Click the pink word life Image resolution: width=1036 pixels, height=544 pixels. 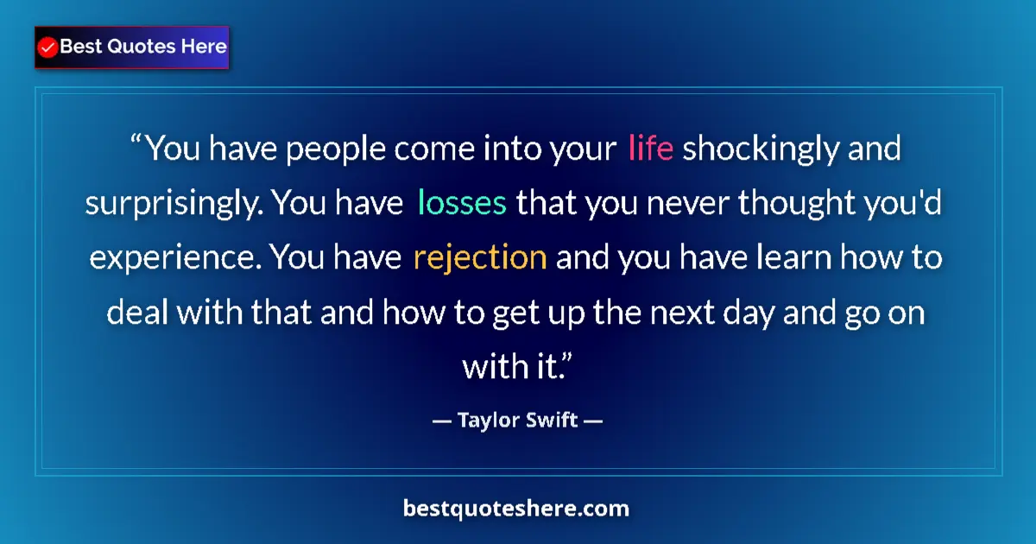click(x=651, y=149)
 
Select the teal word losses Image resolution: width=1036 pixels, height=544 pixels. click(x=462, y=203)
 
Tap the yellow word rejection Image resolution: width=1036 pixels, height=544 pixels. click(x=480, y=257)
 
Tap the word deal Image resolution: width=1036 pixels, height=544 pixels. click(x=137, y=312)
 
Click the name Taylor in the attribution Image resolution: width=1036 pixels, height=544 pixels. click(x=490, y=421)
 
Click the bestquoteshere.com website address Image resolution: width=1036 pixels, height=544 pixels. click(x=516, y=509)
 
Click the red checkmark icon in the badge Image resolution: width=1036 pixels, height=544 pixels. click(x=48, y=47)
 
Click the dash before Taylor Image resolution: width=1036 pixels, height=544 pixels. click(x=442, y=422)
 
